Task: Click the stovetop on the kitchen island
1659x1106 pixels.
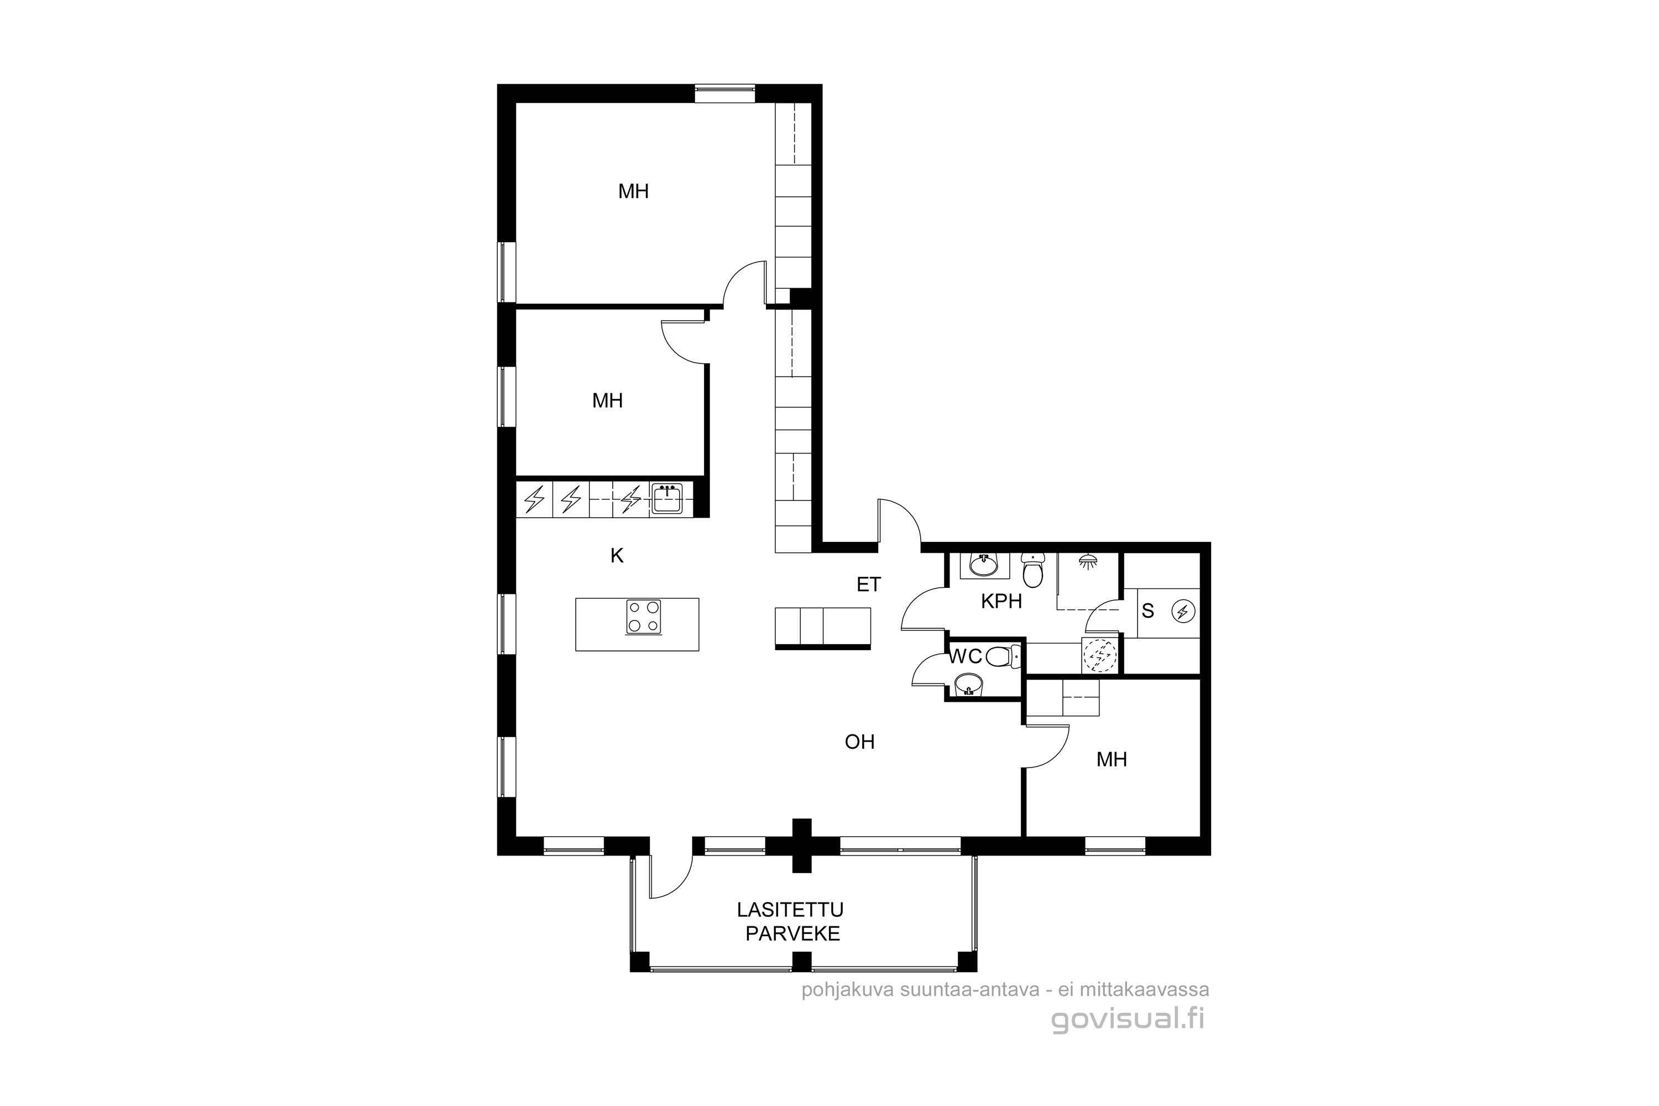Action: point(644,617)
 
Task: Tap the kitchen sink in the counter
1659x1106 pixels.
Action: point(666,498)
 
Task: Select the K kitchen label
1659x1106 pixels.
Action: point(617,556)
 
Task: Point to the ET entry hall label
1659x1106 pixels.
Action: point(869,584)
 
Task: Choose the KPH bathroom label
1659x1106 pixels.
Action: point(1001,601)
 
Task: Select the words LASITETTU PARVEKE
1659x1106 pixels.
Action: point(791,921)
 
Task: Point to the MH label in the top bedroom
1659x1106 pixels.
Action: point(633,191)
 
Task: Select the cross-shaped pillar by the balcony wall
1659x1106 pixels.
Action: point(801,846)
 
